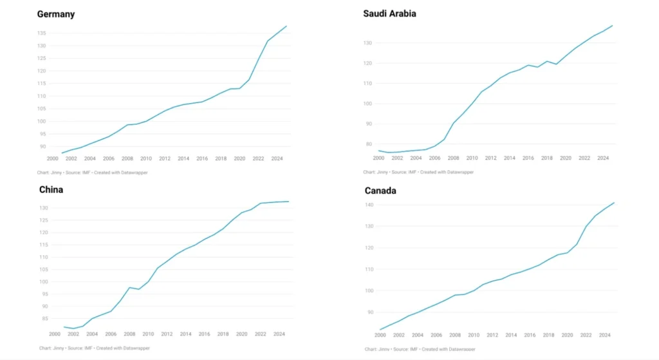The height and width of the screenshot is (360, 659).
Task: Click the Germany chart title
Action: coord(56,14)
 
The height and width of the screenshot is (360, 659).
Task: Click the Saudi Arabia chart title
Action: coord(389,14)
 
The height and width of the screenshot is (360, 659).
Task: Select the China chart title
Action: coord(51,189)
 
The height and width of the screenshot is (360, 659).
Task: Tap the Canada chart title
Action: coord(380,191)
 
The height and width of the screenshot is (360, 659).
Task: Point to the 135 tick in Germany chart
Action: coord(42,33)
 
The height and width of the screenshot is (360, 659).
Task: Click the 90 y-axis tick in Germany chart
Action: coord(43,146)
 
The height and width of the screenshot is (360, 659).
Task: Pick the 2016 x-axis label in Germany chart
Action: coord(202,158)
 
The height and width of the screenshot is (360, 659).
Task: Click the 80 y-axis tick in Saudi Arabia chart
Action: coord(369,144)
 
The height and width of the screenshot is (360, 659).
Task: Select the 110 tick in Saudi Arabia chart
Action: coord(367,83)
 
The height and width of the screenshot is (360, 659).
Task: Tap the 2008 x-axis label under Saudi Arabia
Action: coord(454,158)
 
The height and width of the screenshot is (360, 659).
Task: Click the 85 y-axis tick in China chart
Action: coord(45,318)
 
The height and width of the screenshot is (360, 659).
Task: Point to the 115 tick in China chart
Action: coord(44,245)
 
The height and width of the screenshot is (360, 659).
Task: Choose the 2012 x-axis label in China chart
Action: coord(167,334)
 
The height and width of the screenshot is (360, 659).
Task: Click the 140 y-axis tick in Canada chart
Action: coord(368,205)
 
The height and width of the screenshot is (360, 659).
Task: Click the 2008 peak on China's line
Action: coord(129,287)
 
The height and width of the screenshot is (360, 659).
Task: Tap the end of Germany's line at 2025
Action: coord(286,26)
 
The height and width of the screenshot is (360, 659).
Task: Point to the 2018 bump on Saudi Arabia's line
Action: coord(547,61)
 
